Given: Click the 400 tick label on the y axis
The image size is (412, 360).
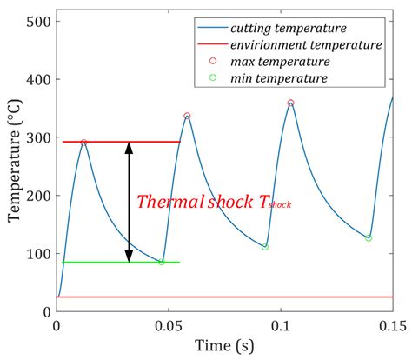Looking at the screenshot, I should tap(36, 79).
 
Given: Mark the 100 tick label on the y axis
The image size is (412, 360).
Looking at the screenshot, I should tap(36, 254).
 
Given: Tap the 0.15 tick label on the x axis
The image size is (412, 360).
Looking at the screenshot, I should tap(391, 324).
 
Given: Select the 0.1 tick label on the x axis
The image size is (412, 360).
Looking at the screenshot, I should tap(281, 324).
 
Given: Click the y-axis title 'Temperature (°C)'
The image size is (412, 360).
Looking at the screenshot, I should tap(14, 166).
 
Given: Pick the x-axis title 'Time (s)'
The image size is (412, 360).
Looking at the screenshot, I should tap(224, 345).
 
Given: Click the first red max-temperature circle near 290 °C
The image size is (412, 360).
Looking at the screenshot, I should tap(83, 142).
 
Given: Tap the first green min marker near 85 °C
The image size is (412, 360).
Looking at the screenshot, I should tap(161, 262).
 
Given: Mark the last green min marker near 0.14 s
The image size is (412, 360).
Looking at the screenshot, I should tap(369, 237).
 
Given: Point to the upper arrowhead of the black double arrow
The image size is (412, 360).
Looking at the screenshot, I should tap(129, 147).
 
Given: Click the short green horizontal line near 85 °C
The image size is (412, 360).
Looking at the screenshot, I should tap(121, 262).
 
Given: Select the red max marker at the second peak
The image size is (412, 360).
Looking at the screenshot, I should tap(187, 116).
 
